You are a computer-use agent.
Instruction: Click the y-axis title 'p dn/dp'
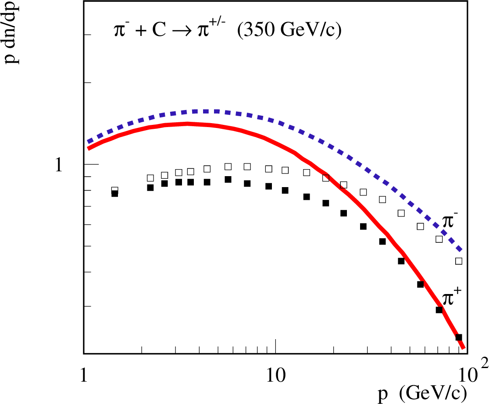click(13, 33)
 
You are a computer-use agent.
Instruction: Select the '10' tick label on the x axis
click(275, 376)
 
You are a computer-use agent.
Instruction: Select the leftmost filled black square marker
click(114, 194)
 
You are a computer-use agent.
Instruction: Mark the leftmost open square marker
click(114, 190)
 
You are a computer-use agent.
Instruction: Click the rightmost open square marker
click(459, 261)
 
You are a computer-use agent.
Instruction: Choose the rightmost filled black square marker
click(459, 337)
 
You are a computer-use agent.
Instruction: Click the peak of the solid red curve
click(186, 124)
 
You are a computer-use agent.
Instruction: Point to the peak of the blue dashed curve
click(206, 111)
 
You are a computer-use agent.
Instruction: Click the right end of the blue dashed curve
click(460, 250)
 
